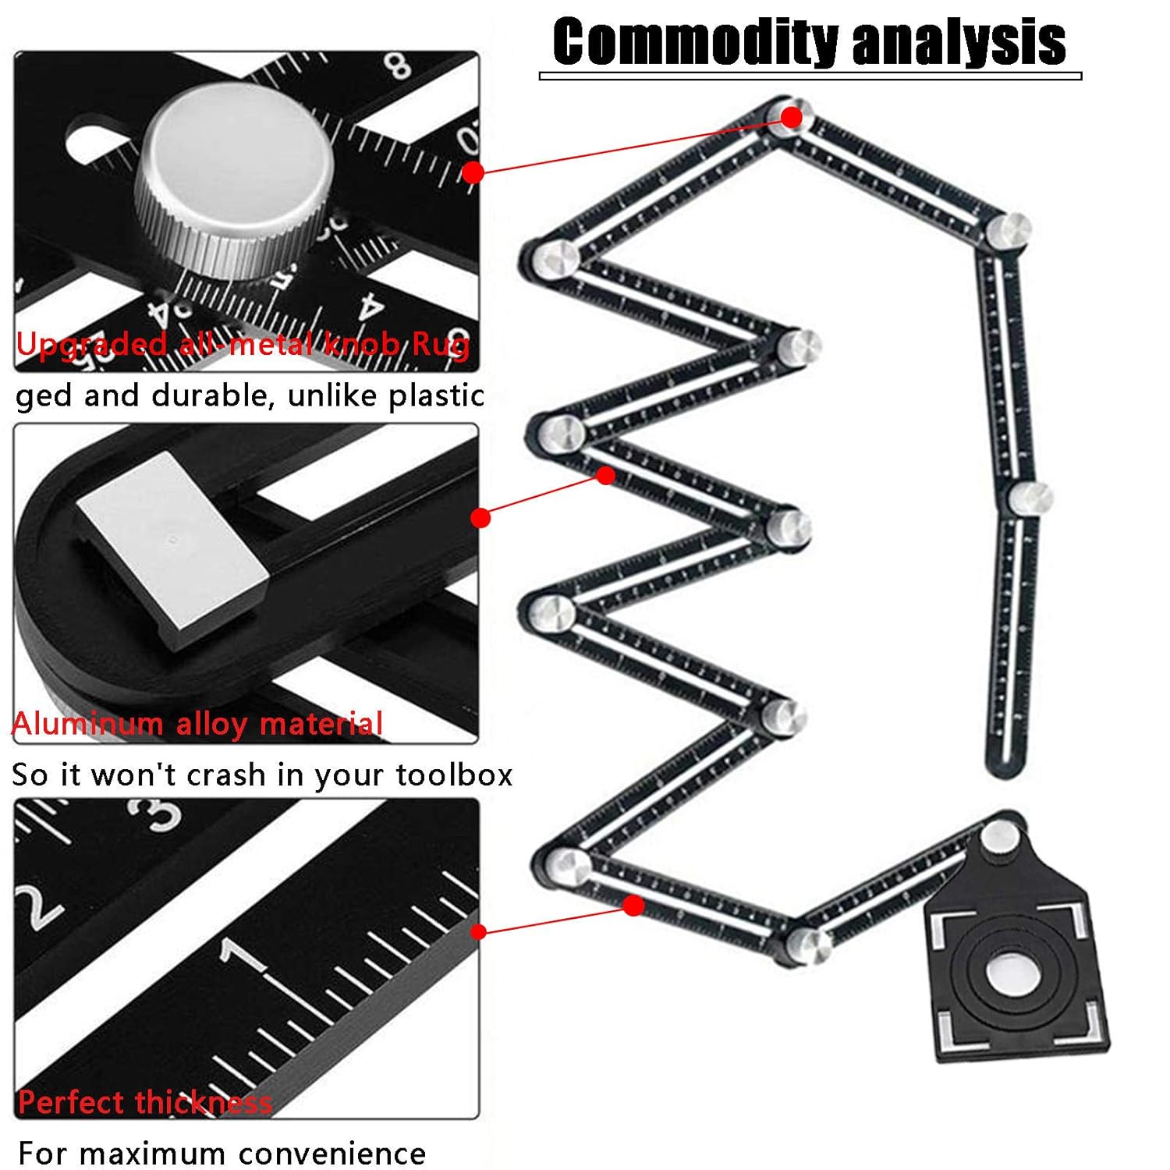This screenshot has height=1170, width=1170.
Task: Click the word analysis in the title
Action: pyautogui.click(x=959, y=43)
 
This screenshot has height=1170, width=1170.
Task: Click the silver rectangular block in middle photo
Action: pyautogui.click(x=172, y=546)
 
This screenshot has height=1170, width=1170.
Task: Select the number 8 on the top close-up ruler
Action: pyautogui.click(x=399, y=66)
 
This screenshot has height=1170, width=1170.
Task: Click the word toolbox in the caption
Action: pyautogui.click(x=454, y=775)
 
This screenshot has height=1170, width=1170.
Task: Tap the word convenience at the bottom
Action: pyautogui.click(x=332, y=1154)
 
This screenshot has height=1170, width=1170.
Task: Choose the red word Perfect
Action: pyautogui.click(x=70, y=1103)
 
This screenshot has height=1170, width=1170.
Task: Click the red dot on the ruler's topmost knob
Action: pyautogui.click(x=791, y=117)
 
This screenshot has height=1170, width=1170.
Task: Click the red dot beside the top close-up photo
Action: pyautogui.click(x=473, y=172)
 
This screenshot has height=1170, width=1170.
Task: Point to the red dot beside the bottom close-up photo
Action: pyautogui.click(x=479, y=931)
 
